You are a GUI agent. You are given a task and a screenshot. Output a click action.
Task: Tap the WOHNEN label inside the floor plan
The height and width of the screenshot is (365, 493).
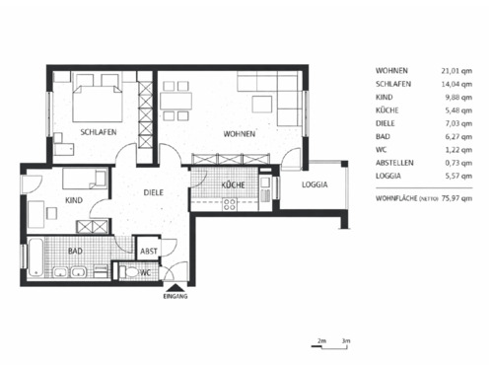click(239, 133)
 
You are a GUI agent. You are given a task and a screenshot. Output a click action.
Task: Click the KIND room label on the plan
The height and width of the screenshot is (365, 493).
click(74, 200)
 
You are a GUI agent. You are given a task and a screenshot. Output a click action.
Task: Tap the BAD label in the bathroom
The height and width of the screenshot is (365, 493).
click(75, 252)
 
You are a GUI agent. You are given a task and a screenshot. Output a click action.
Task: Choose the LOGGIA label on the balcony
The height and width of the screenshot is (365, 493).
click(314, 184)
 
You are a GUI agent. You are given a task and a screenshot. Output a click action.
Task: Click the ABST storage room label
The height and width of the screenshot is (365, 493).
click(148, 252)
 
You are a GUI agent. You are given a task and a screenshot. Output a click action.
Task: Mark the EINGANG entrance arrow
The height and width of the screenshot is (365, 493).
click(174, 288)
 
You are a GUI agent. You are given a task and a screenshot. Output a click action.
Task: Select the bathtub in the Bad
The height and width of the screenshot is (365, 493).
click(36, 259)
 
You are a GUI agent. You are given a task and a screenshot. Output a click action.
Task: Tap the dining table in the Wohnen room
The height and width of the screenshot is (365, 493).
click(176, 101)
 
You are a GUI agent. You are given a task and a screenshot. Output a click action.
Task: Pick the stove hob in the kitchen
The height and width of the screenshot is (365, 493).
click(230, 205)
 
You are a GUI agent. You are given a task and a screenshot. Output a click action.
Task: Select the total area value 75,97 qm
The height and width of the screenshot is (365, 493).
click(453, 196)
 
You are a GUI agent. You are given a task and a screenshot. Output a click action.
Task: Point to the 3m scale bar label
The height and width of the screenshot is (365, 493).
click(345, 340)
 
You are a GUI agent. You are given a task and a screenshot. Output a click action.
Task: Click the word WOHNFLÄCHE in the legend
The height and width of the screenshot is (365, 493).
click(397, 196)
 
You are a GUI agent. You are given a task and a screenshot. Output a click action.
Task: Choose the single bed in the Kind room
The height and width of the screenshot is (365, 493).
click(85, 179)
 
